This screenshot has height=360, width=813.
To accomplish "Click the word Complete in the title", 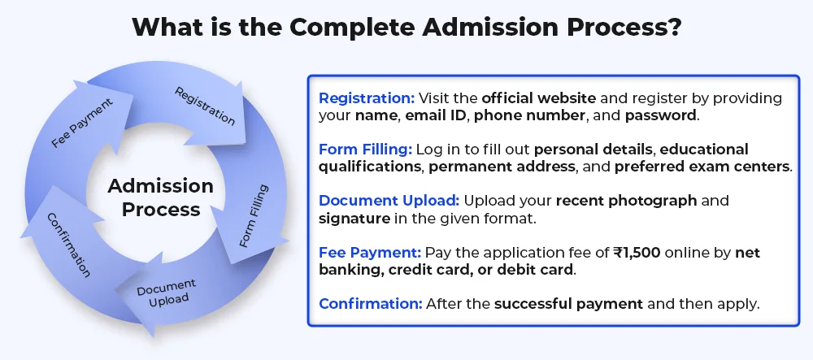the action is [x=351, y=27].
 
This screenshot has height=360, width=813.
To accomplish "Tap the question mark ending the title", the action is [x=673, y=27].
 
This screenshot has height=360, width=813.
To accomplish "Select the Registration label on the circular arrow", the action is [x=204, y=106].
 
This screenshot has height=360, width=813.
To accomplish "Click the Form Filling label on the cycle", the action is [x=254, y=215].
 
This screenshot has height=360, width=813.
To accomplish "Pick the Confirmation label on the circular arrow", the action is [x=69, y=245].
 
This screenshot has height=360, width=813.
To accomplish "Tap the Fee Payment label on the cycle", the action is [x=82, y=123].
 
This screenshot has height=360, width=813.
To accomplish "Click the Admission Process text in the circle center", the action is [x=161, y=197].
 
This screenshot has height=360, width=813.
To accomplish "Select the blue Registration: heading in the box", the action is [x=367, y=98].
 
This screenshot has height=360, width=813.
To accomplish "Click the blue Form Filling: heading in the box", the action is [x=366, y=150].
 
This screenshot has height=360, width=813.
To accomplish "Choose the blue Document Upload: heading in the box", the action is [x=389, y=201].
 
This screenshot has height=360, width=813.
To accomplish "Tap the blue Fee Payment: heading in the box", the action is [x=370, y=252].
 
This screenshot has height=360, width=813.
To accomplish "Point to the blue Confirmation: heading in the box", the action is [x=371, y=304].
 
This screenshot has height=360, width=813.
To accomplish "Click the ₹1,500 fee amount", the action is [x=637, y=253].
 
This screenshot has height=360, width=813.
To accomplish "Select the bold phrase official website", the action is [x=539, y=98].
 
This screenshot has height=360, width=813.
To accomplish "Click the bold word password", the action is [x=660, y=115].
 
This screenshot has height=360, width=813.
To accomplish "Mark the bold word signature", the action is [x=354, y=219].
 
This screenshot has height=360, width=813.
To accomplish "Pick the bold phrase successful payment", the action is [x=569, y=304].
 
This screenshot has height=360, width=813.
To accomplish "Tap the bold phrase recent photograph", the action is [x=626, y=201].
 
